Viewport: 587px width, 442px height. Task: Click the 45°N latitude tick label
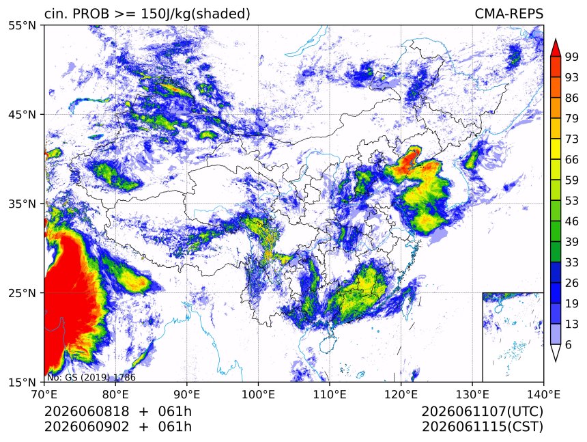click(23, 114)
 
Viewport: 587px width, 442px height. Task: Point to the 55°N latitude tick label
click(23, 25)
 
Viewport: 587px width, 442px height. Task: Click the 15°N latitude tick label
click(23, 382)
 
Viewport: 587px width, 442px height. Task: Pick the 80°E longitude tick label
click(116, 394)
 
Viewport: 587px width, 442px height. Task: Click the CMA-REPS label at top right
click(509, 14)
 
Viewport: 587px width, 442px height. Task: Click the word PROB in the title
click(91, 14)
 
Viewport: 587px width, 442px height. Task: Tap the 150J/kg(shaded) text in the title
click(195, 14)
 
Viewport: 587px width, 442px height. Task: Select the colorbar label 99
click(572, 57)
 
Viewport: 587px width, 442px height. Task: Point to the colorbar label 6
click(569, 344)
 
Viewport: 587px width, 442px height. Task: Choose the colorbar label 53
click(572, 201)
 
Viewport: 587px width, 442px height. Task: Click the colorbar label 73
click(572, 139)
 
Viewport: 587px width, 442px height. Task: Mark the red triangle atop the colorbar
click(556, 49)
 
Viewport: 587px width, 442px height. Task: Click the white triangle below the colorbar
click(556, 351)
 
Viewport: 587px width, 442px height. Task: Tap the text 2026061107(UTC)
click(482, 412)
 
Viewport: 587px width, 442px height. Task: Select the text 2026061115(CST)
click(482, 427)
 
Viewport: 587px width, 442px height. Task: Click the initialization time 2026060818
click(87, 412)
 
